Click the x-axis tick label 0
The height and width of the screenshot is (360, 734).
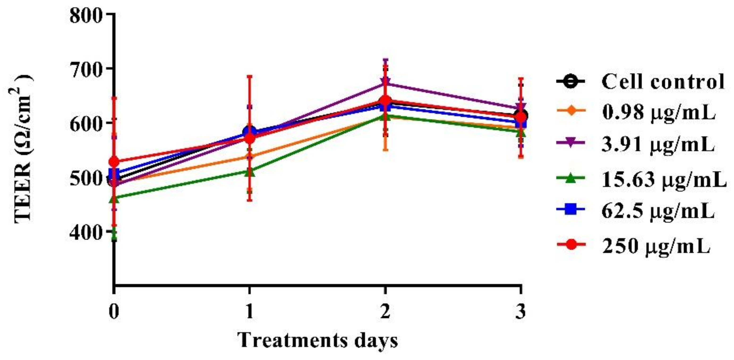pos(114,312)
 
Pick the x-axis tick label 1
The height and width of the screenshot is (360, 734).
pos(250,312)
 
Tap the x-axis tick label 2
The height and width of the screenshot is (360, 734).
pos(385,312)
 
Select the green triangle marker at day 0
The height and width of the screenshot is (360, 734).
pos(114,199)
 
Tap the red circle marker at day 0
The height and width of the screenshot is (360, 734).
pos(114,162)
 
